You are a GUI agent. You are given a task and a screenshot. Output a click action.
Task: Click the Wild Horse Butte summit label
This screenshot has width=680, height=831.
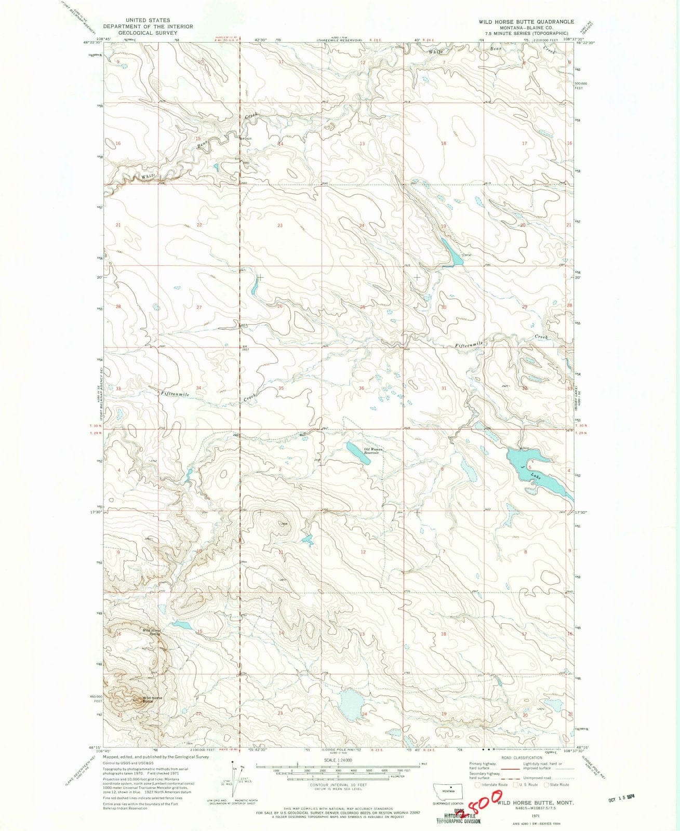click(152, 699)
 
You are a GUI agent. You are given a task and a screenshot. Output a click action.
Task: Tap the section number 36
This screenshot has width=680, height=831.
click(362, 388)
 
